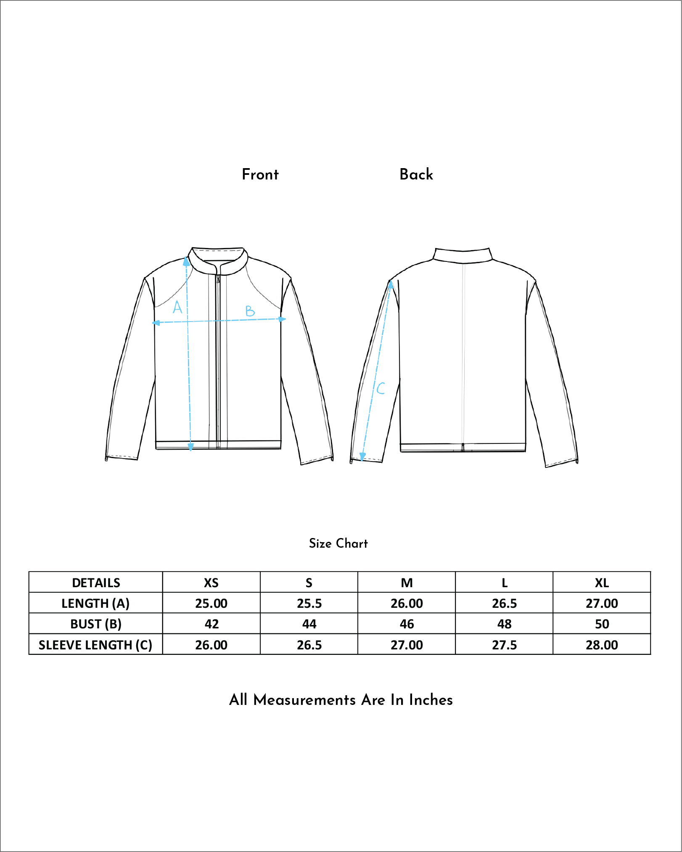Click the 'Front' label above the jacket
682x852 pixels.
tap(260, 174)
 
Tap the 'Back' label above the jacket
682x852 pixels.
tap(416, 174)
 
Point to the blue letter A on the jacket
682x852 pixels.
tap(177, 307)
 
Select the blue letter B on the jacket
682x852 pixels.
tap(250, 311)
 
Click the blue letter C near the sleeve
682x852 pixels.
tap(381, 388)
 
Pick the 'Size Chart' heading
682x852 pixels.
tap(338, 543)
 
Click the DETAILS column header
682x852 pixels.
tap(96, 583)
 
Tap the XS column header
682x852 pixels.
tap(211, 583)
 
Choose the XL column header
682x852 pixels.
tap(602, 583)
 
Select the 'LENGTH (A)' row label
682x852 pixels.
tap(95, 603)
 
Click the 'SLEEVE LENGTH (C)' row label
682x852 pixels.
tap(95, 645)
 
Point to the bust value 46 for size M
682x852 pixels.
tap(407, 624)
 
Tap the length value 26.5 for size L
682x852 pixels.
tap(504, 603)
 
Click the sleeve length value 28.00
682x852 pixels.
tap(602, 645)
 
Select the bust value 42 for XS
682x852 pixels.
tap(211, 624)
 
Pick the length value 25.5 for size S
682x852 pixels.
tap(309, 603)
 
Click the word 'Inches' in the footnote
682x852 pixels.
tap(431, 700)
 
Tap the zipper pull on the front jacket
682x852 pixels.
tap(218, 278)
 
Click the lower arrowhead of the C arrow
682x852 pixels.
tap(362, 457)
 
